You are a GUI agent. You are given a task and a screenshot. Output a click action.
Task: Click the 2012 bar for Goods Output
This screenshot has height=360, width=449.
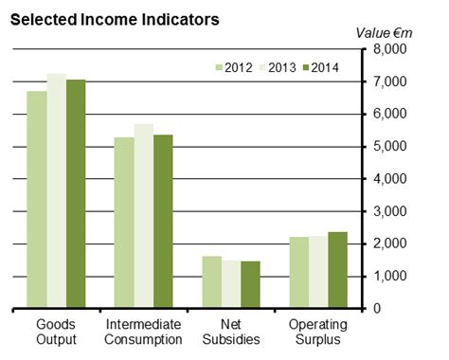point(37,200)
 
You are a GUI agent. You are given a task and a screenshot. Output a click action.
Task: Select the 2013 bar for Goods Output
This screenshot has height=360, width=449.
point(56,190)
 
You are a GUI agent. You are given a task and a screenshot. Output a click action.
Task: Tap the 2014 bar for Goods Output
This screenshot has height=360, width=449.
point(76,194)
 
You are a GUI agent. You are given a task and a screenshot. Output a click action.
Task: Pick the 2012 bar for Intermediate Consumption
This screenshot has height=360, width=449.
point(124,223)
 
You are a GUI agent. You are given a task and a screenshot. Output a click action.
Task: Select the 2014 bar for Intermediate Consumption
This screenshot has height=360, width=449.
point(163,222)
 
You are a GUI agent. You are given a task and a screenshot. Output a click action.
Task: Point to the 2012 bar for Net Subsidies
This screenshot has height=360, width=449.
point(211,282)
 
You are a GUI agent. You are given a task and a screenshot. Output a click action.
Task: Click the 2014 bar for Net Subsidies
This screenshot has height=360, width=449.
point(250,284)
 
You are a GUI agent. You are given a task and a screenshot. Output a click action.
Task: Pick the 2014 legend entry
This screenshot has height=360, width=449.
point(319,66)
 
